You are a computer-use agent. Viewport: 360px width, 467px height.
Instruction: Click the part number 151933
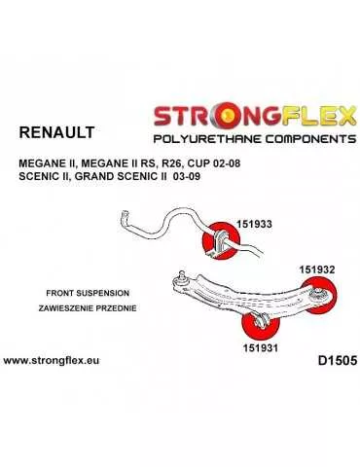coord(251,223)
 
